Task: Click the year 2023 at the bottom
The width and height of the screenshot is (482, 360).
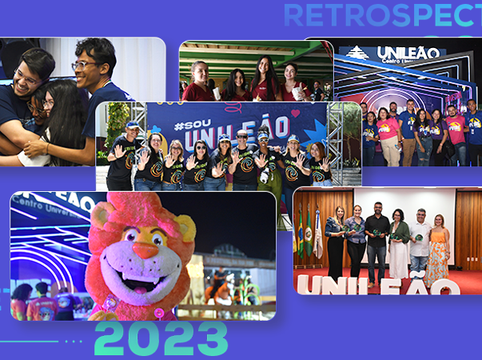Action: pyautogui.click(x=161, y=339)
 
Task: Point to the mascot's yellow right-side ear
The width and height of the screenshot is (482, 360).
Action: pyautogui.click(x=185, y=230)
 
